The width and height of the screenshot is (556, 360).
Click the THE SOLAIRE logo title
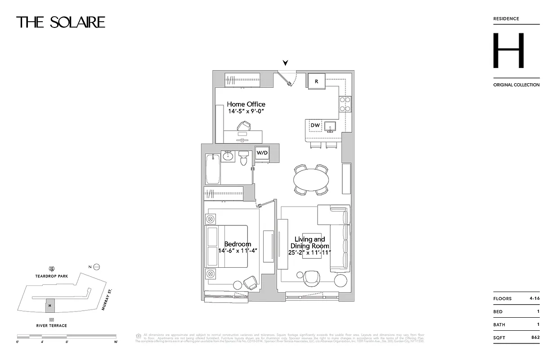[x=61, y=22]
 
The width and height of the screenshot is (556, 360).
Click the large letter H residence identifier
[x=508, y=50]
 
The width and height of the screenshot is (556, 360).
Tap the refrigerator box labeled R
[x=317, y=81]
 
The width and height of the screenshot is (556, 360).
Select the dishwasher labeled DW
[x=315, y=126]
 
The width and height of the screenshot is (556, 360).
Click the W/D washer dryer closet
[x=262, y=153]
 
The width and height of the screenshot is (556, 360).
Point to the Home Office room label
[x=246, y=104]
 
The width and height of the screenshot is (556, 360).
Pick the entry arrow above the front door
[x=285, y=63]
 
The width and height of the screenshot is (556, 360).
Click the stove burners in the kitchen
[x=345, y=104]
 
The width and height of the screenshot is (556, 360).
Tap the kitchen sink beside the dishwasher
[x=330, y=126]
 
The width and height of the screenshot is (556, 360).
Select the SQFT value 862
[x=534, y=337]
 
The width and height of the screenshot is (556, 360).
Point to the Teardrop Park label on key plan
[x=52, y=276]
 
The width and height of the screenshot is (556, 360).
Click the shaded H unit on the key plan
[x=50, y=306]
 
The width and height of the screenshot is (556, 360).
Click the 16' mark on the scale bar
[x=116, y=342]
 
